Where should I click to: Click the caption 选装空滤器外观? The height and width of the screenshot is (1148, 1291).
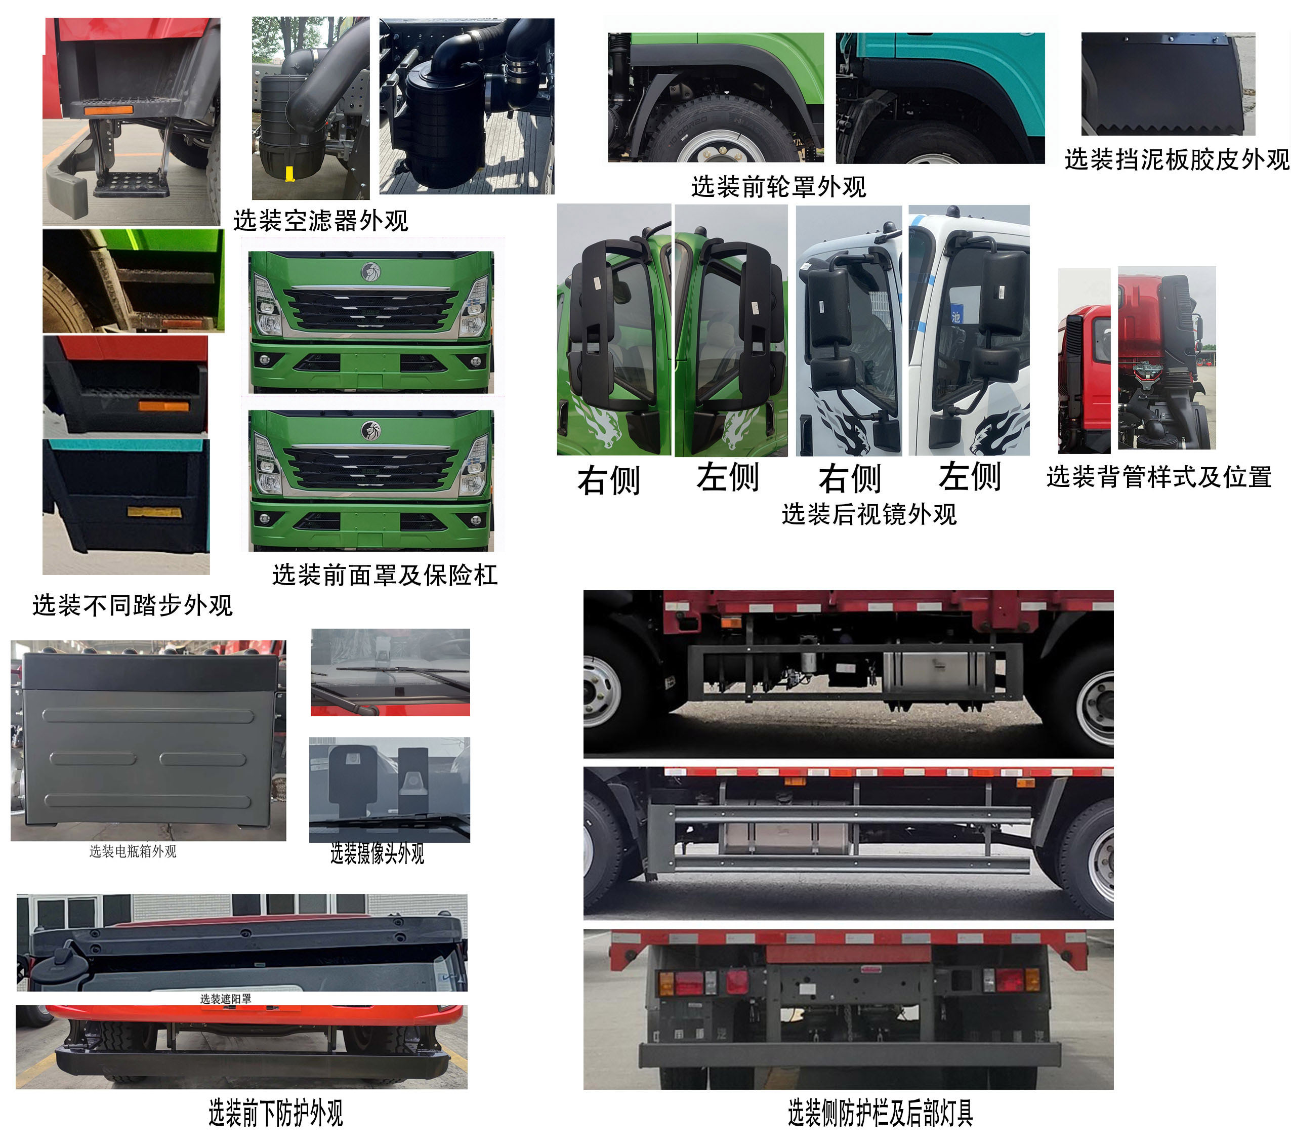[321, 221]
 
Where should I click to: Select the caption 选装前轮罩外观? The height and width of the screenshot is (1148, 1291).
[778, 186]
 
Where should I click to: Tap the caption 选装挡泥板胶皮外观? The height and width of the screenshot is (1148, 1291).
[1177, 159]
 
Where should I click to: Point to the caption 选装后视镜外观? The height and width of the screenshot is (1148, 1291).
[869, 514]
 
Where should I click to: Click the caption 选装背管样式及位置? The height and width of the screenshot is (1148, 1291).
[1159, 476]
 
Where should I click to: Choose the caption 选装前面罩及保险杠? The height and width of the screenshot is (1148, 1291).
[385, 575]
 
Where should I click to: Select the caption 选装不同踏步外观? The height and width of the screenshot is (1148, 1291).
[133, 605]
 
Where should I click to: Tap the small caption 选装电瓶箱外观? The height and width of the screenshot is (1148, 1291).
[133, 851]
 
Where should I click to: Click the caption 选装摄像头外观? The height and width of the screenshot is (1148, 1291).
[377, 853]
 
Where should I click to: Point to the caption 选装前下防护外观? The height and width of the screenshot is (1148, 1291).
[276, 1113]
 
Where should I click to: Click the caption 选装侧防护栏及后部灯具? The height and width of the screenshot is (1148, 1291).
[880, 1113]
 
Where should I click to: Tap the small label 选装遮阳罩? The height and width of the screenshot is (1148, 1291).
[226, 998]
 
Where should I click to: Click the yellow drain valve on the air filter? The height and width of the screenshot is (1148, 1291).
[290, 173]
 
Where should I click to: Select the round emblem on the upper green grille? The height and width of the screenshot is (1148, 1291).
[371, 272]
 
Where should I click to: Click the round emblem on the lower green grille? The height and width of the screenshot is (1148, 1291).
[371, 430]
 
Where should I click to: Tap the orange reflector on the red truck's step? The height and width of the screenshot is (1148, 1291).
[109, 110]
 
